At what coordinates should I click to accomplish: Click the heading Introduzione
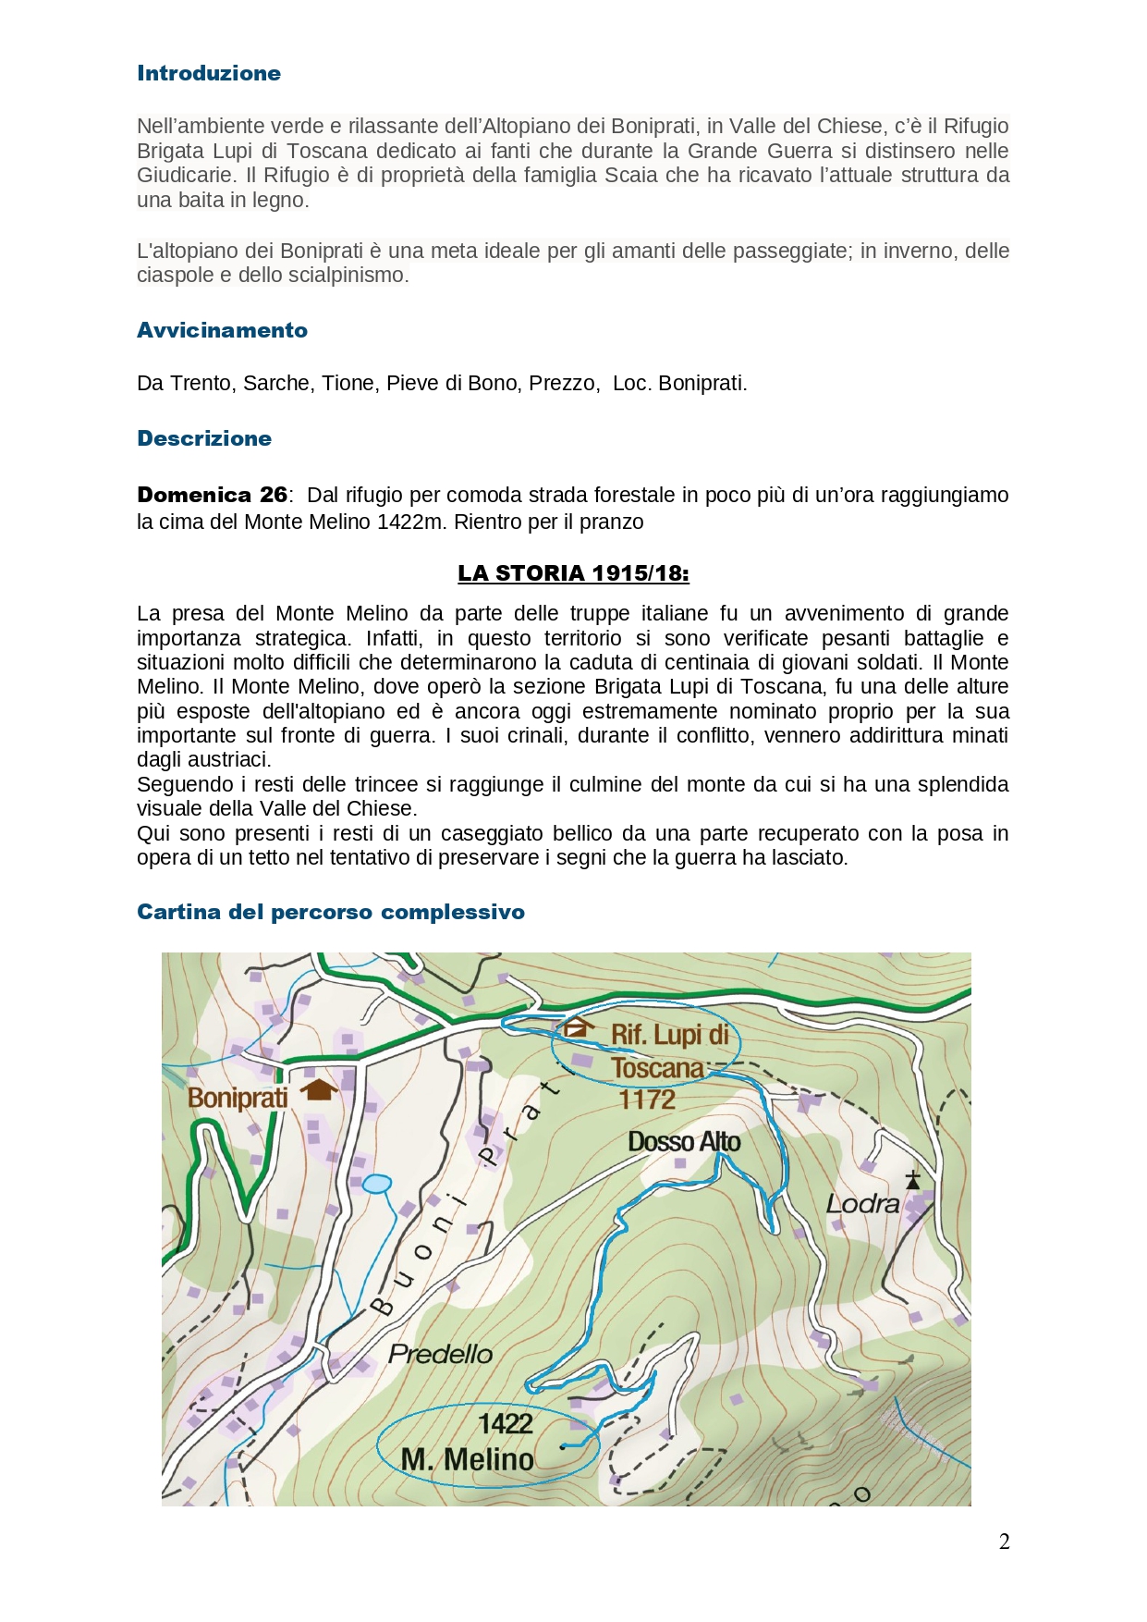pos(209,73)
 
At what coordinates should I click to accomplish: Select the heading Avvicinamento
pos(222,330)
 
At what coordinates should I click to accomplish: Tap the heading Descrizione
pos(204,438)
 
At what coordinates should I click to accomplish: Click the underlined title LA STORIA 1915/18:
pos(573,573)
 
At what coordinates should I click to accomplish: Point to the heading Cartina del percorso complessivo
pos(331,912)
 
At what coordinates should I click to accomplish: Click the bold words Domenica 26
pos(212,495)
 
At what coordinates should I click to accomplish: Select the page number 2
pos(1004,1542)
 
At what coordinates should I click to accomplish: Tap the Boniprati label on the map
pos(238,1098)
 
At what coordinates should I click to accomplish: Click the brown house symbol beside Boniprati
pos(319,1089)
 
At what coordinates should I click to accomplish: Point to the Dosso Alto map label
pos(684,1142)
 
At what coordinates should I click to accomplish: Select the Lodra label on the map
pos(862,1203)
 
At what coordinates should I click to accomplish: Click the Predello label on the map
pos(440,1354)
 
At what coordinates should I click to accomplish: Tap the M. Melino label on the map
pos(468,1459)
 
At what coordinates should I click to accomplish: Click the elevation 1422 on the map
pos(506,1423)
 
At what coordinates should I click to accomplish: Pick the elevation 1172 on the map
pos(647,1100)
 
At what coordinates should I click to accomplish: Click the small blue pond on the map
pos(377,1184)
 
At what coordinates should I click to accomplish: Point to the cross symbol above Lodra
pos(913,1179)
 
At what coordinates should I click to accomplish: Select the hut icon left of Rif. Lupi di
pos(579,1026)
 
